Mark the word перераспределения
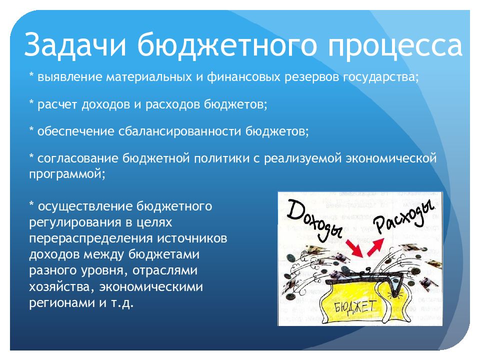(x=91, y=238)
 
